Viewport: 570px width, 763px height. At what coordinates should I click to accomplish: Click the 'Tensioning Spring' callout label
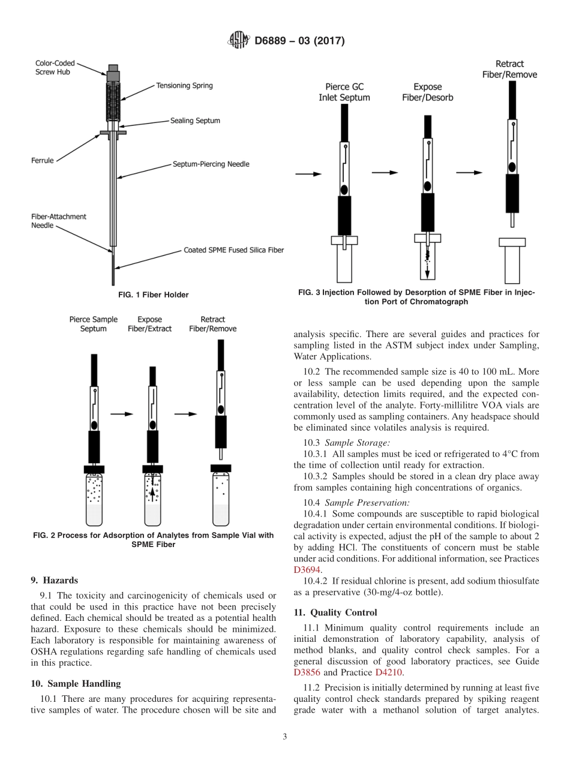point(184,86)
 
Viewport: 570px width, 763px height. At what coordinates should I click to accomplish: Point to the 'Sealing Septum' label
point(194,121)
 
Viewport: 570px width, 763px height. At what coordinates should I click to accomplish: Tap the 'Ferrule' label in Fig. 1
point(43,161)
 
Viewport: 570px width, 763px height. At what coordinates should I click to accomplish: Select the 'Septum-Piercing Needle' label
point(211,164)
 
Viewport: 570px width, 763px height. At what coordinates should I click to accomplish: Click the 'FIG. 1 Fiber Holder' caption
point(152,295)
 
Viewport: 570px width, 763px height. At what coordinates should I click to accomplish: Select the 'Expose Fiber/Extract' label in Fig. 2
point(149,324)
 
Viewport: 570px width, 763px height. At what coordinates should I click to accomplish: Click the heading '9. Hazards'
point(55,580)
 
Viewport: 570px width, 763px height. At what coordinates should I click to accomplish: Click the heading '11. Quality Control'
point(335,612)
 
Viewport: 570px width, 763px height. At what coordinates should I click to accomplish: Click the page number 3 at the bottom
point(284,737)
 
